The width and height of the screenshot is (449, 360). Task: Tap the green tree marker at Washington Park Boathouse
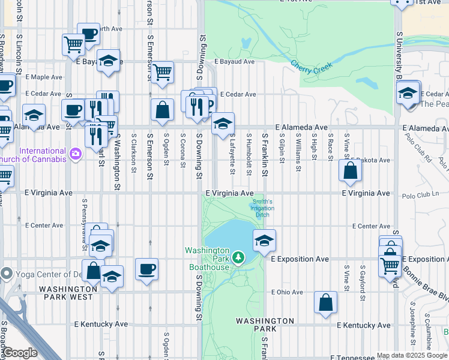[239, 258]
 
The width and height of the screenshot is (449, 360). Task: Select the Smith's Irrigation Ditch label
[262, 208]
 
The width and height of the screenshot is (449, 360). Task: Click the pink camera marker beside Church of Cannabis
[75, 154]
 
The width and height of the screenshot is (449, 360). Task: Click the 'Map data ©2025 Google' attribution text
[412, 355]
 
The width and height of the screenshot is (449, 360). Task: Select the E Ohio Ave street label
[287, 292]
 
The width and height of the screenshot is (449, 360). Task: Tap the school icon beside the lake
[264, 241]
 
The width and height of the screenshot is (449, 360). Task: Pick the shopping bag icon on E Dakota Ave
[350, 170]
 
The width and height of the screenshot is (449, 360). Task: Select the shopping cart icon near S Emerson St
[162, 72]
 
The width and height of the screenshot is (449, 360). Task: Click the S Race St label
[330, 148]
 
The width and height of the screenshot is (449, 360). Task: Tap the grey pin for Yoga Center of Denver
[7, 274]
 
